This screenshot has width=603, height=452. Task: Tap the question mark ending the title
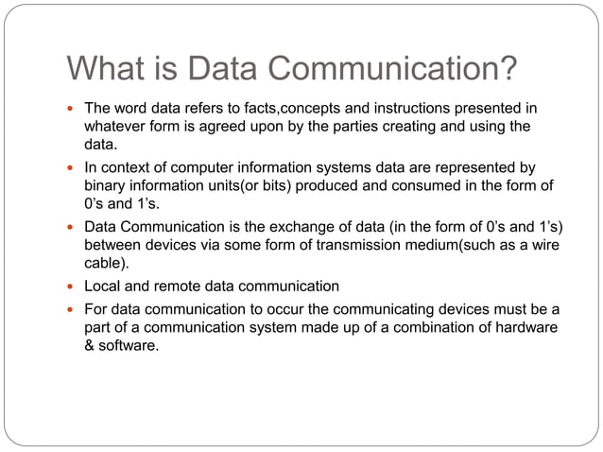(x=508, y=68)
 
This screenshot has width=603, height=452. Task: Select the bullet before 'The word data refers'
(x=72, y=109)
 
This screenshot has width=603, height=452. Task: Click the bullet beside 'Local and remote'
(x=72, y=286)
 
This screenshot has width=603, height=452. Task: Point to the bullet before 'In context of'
(x=72, y=167)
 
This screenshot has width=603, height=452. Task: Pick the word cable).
(x=106, y=263)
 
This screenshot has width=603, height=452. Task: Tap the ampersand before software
(x=91, y=345)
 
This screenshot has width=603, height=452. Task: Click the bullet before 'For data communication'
(x=72, y=309)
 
